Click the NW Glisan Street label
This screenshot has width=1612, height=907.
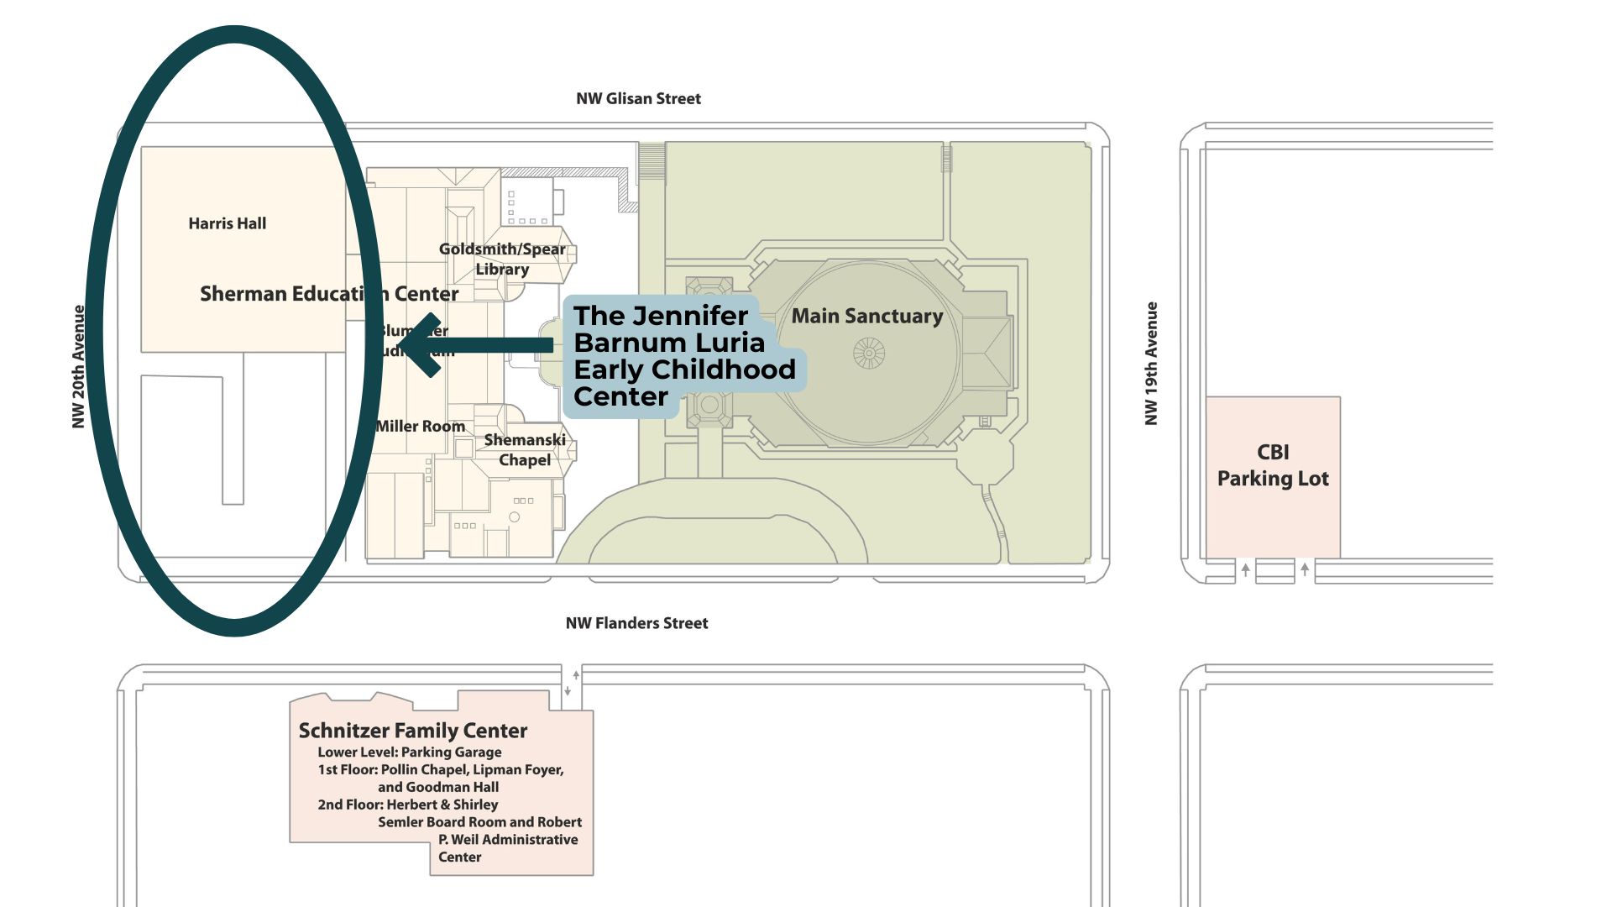pos(638,98)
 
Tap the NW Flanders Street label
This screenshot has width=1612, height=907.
pos(636,623)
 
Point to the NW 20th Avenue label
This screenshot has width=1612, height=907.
pos(79,367)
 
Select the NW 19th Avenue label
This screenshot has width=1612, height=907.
pos(1152,364)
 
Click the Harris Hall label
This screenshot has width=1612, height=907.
pos(227,223)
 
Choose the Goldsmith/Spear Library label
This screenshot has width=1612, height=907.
pos(502,259)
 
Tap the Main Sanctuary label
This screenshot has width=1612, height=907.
pos(867,316)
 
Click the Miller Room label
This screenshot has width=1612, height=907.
pos(421,426)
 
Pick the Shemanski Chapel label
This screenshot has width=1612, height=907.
pos(525,449)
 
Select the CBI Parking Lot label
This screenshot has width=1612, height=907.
pos(1273,465)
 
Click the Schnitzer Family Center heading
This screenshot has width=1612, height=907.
pos(413,731)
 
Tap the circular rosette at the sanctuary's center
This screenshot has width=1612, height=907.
pos(869,354)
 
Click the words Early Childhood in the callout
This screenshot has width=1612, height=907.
pos(684,370)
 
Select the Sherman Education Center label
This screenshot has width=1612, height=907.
pos(329,293)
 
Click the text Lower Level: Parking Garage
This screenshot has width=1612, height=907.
pos(410,752)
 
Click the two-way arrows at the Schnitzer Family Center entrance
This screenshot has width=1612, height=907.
pos(572,683)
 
